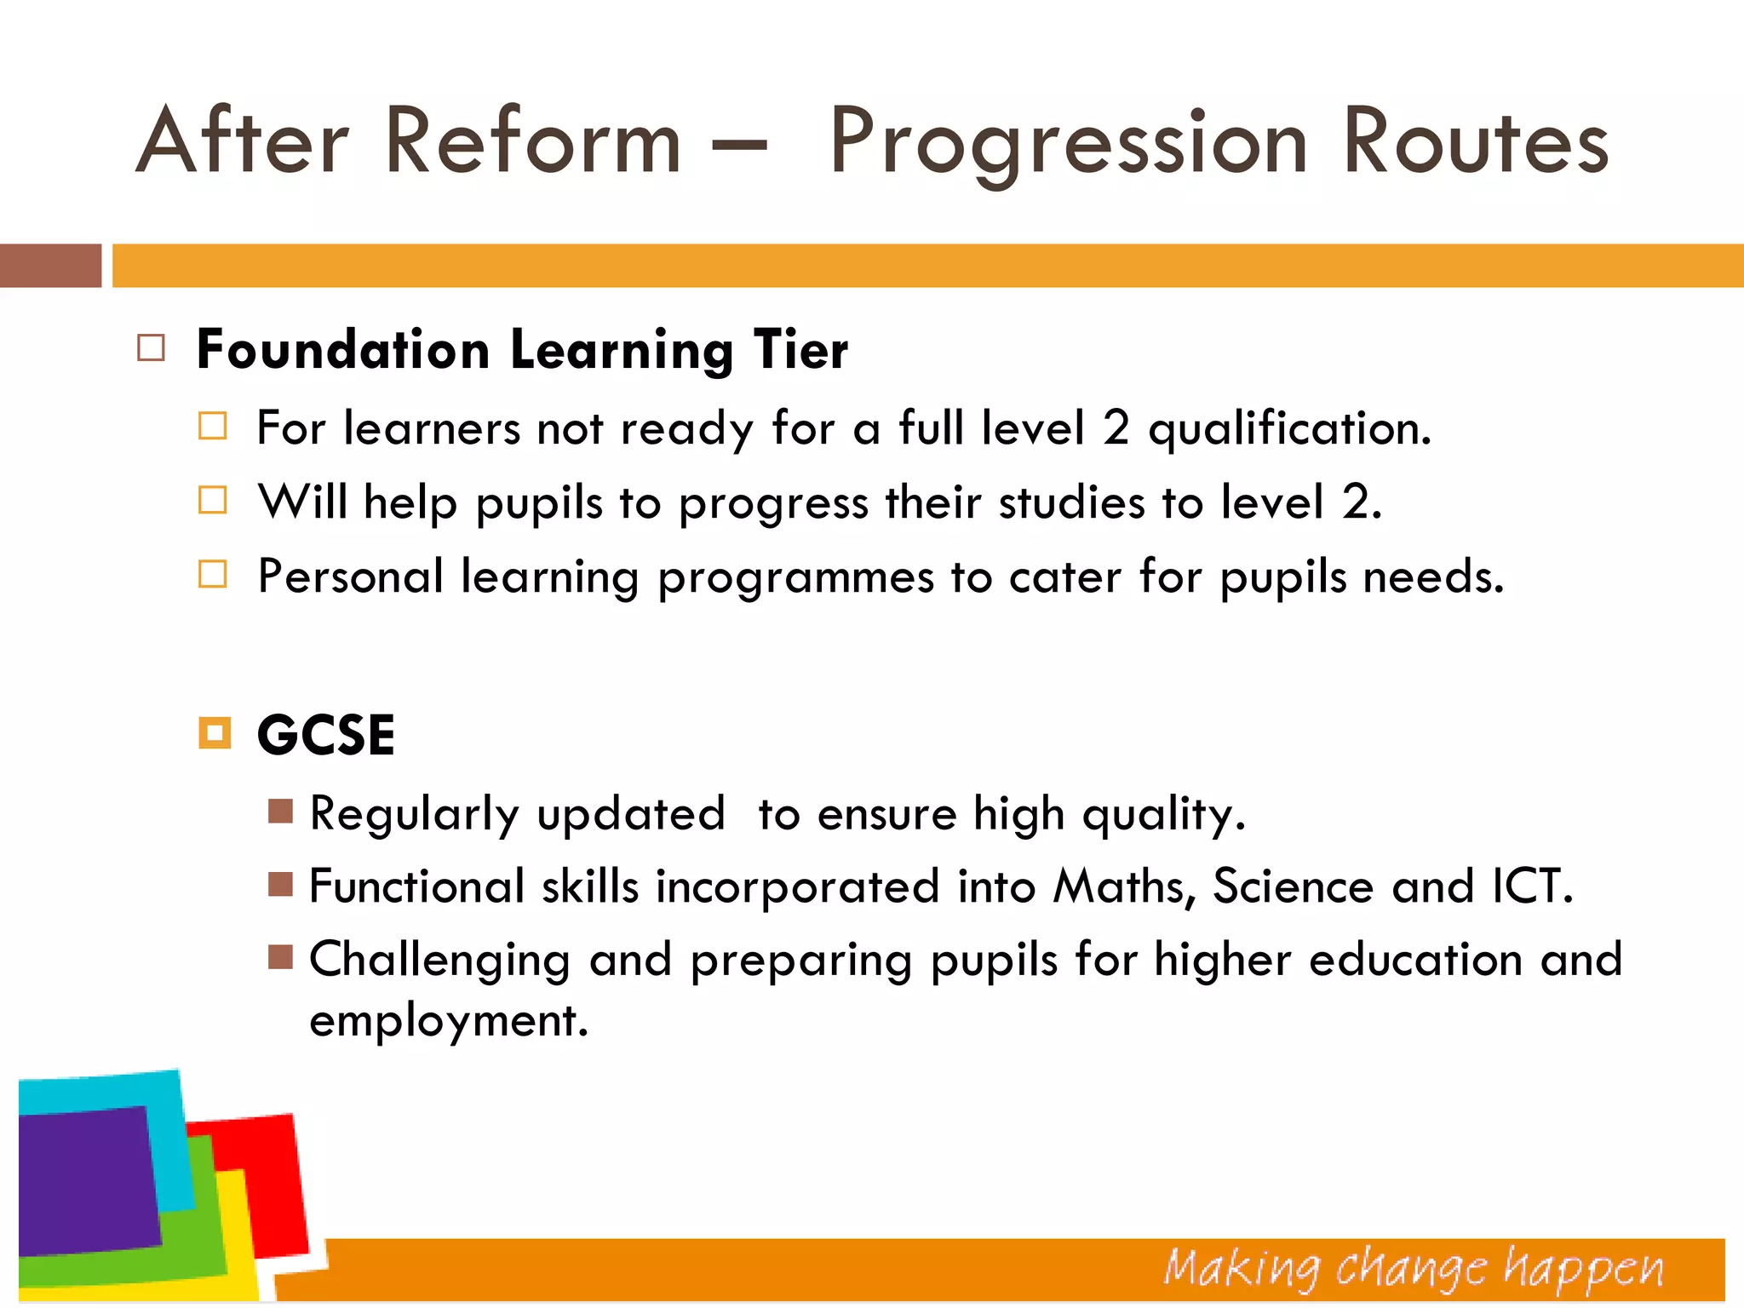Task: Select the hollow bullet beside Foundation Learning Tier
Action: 151,348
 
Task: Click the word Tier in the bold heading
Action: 800,350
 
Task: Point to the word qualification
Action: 1289,429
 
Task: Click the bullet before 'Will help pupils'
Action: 213,501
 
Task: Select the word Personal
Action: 350,577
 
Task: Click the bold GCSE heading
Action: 326,735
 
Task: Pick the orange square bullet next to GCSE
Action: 215,733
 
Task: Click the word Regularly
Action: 414,814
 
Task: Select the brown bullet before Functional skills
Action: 280,885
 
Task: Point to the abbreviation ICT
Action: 1531,886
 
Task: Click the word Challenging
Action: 439,961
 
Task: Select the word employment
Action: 448,1021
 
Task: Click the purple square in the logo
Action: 85,1180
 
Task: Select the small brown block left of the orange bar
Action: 50,266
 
